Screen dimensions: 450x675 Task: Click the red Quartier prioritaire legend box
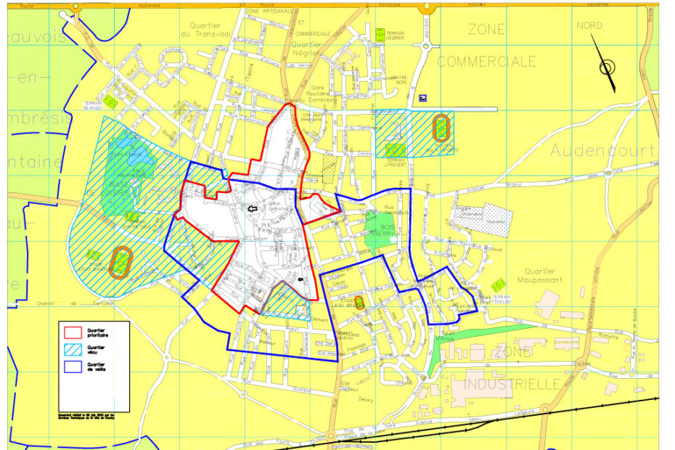point(73,333)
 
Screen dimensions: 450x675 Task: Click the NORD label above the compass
point(589,25)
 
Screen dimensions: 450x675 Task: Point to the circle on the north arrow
point(607,68)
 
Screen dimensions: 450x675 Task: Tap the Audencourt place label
point(602,150)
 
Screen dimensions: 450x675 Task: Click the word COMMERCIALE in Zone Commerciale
point(486,62)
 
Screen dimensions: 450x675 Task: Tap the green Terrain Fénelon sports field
point(498,286)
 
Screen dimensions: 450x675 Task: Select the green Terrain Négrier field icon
point(380,34)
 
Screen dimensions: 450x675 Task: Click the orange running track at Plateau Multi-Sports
point(440,128)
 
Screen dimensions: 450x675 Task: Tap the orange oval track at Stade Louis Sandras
point(120,261)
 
